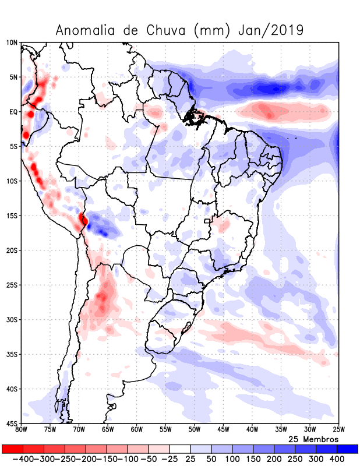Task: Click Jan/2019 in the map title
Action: (x=271, y=30)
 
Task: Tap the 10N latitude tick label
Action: (x=12, y=43)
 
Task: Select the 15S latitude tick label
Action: (x=12, y=216)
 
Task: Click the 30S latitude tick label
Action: (x=12, y=319)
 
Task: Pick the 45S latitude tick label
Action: (x=12, y=423)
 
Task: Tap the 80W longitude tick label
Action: (x=21, y=430)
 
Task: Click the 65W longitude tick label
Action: (x=107, y=430)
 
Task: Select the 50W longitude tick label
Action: (x=194, y=430)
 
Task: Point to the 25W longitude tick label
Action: (x=338, y=430)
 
